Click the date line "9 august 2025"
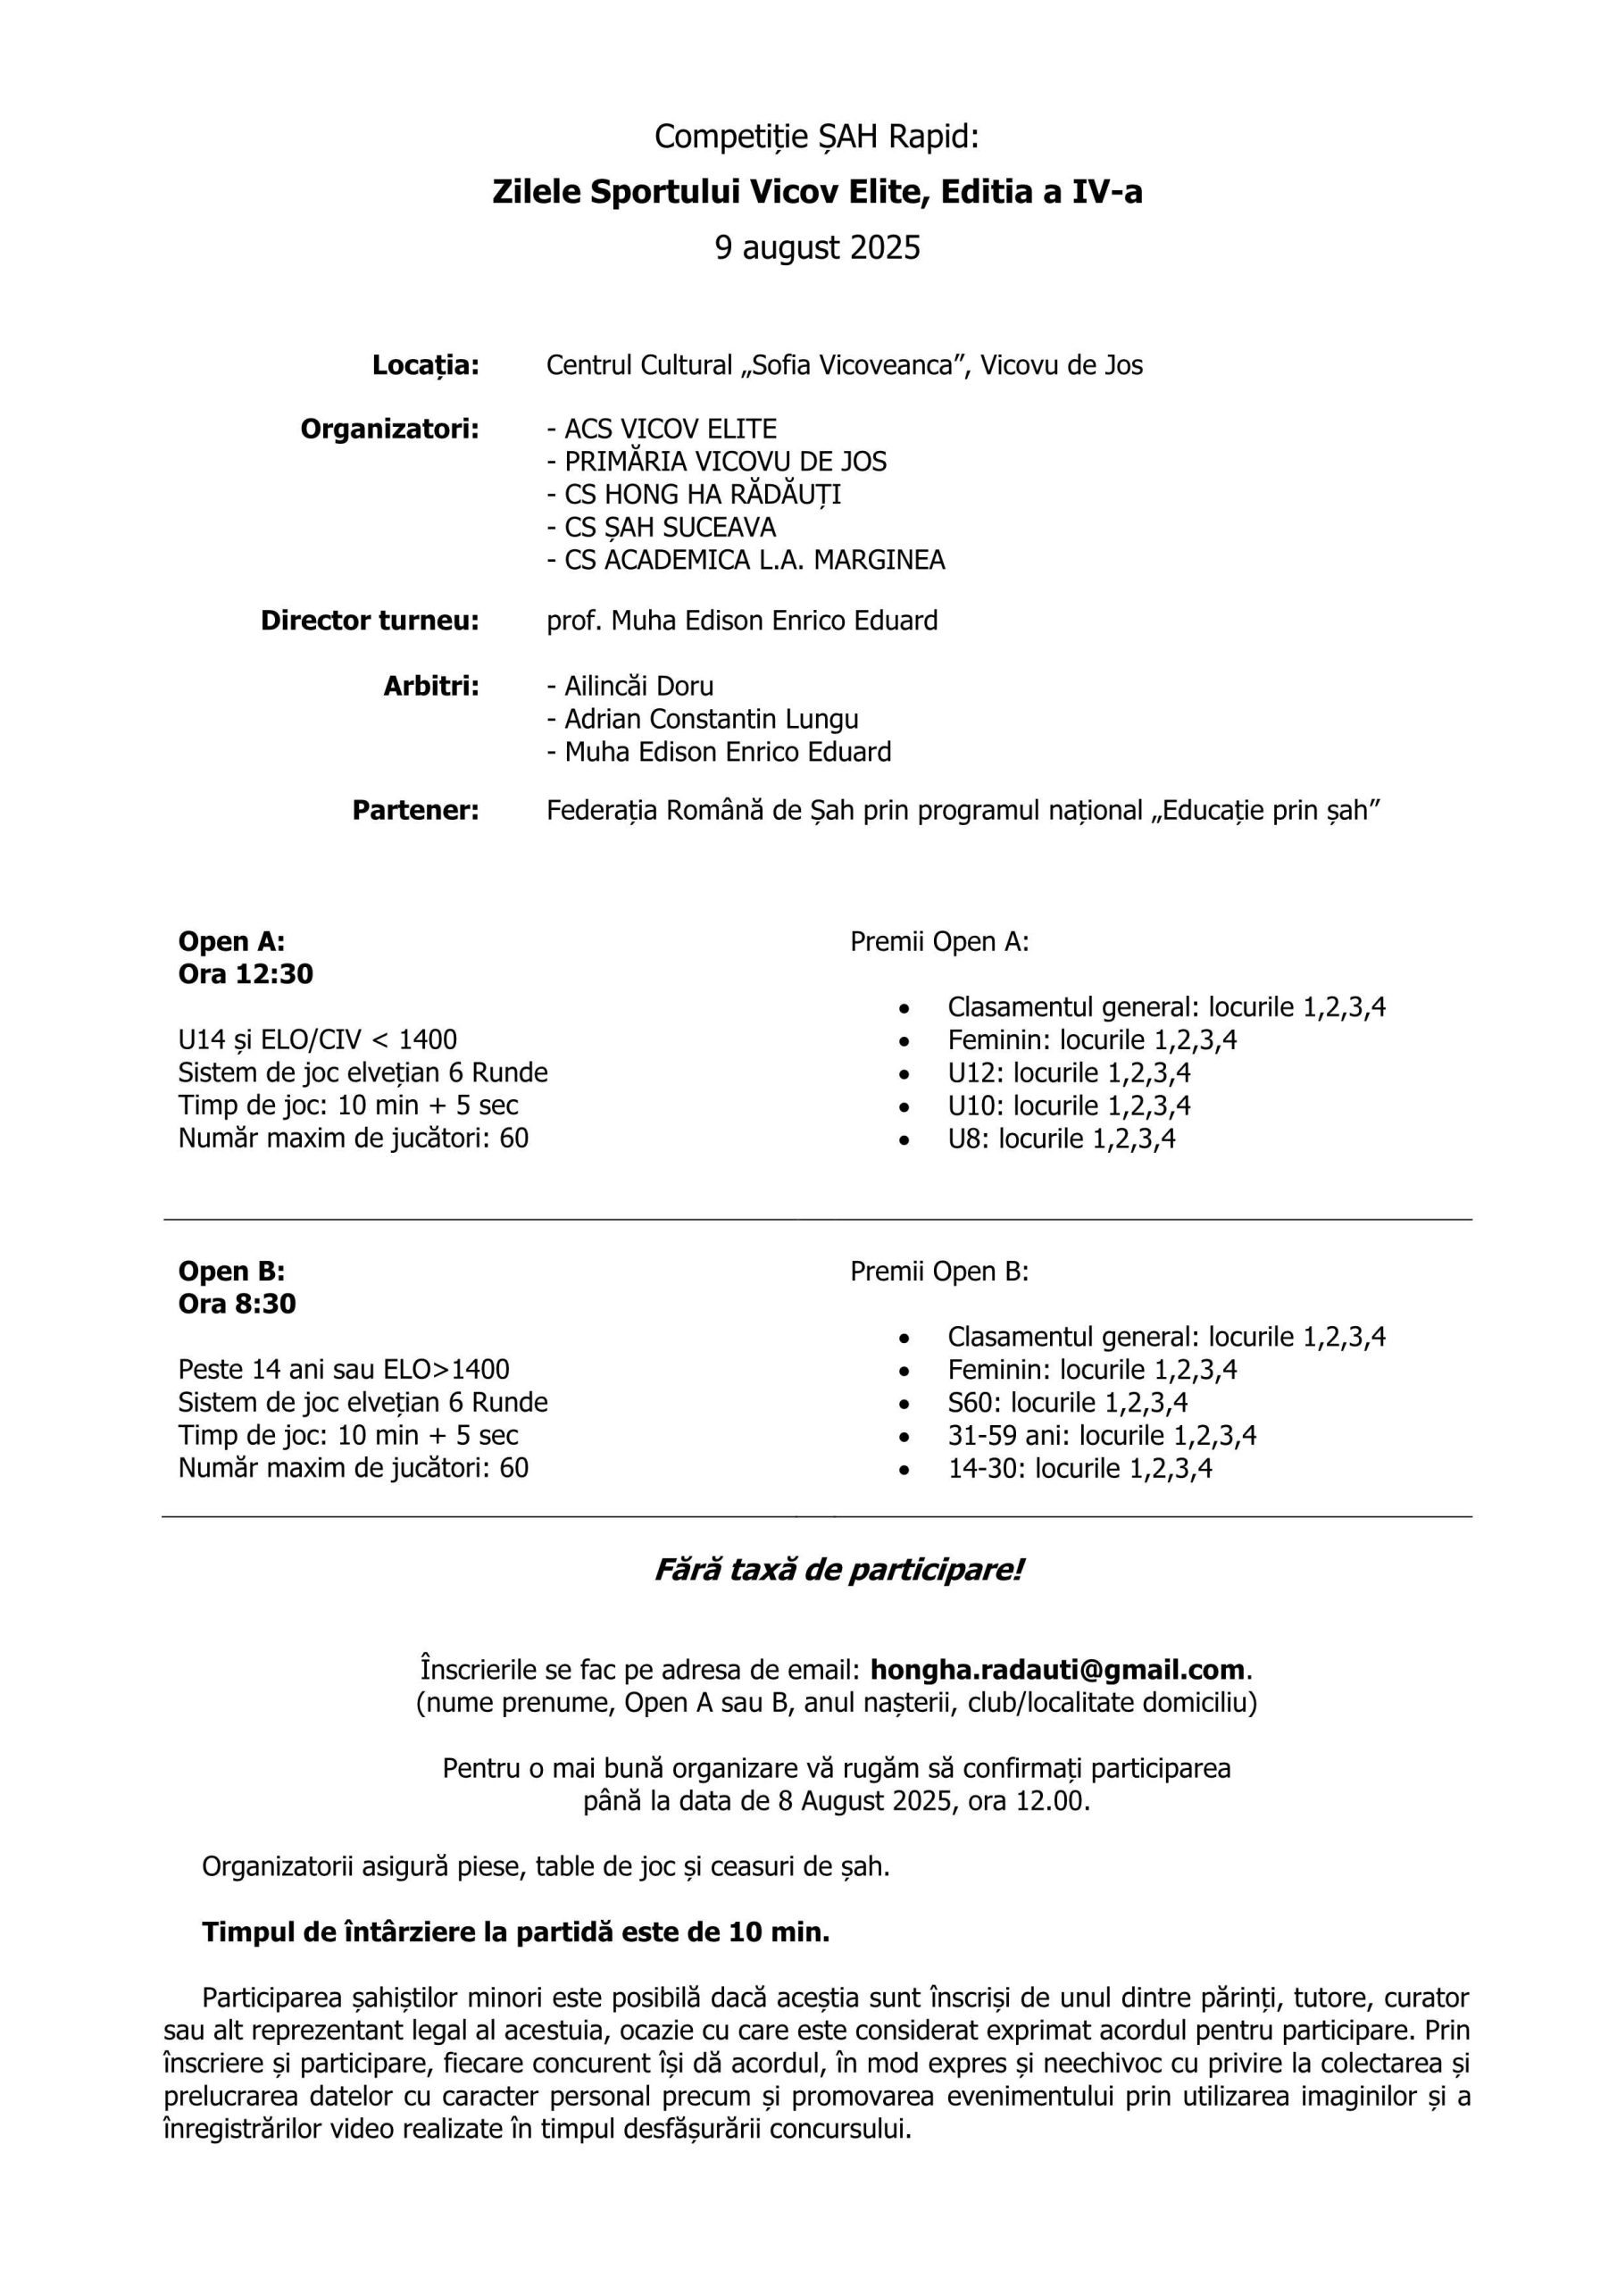tap(818, 247)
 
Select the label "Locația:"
tap(425, 365)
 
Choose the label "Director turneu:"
tap(370, 622)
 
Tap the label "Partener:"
tap(415, 811)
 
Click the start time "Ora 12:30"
tap(245, 973)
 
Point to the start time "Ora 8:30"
tap(237, 1304)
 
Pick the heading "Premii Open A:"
tap(939, 942)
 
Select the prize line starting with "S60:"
tap(1067, 1403)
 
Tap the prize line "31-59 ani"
tap(1101, 1436)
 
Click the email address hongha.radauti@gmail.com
tap(1057, 1670)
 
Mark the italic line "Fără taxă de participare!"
tap(838, 1571)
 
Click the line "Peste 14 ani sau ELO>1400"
tap(344, 1369)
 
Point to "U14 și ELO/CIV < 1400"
tap(317, 1039)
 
